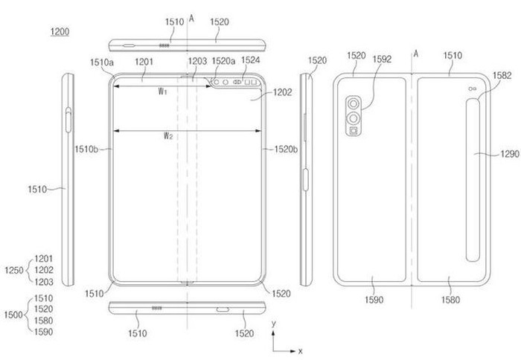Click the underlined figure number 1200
pyautogui.click(x=60, y=32)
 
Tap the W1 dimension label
pyautogui.click(x=162, y=91)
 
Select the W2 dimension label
pyautogui.click(x=168, y=135)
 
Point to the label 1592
pyautogui.click(x=382, y=59)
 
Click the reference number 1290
pyautogui.click(x=510, y=154)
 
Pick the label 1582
pyautogui.click(x=502, y=75)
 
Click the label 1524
pyautogui.click(x=251, y=60)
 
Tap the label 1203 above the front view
pyautogui.click(x=197, y=61)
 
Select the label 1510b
pyautogui.click(x=86, y=150)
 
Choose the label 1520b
pyautogui.click(x=286, y=150)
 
